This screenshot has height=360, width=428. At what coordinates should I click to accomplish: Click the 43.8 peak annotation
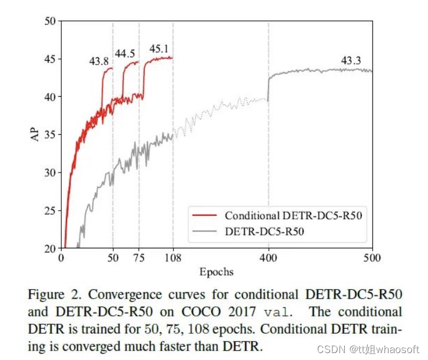pyautogui.click(x=99, y=61)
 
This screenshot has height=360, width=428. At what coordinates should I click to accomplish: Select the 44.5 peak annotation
pyautogui.click(x=125, y=54)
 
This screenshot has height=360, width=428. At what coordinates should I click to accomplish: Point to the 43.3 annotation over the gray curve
pyautogui.click(x=350, y=60)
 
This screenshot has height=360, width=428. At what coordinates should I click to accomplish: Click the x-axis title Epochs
pyautogui.click(x=216, y=271)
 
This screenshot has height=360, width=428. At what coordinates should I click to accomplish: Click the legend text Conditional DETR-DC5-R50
pyautogui.click(x=296, y=215)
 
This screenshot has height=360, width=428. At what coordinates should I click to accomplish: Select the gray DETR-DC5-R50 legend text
pyautogui.click(x=264, y=232)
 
